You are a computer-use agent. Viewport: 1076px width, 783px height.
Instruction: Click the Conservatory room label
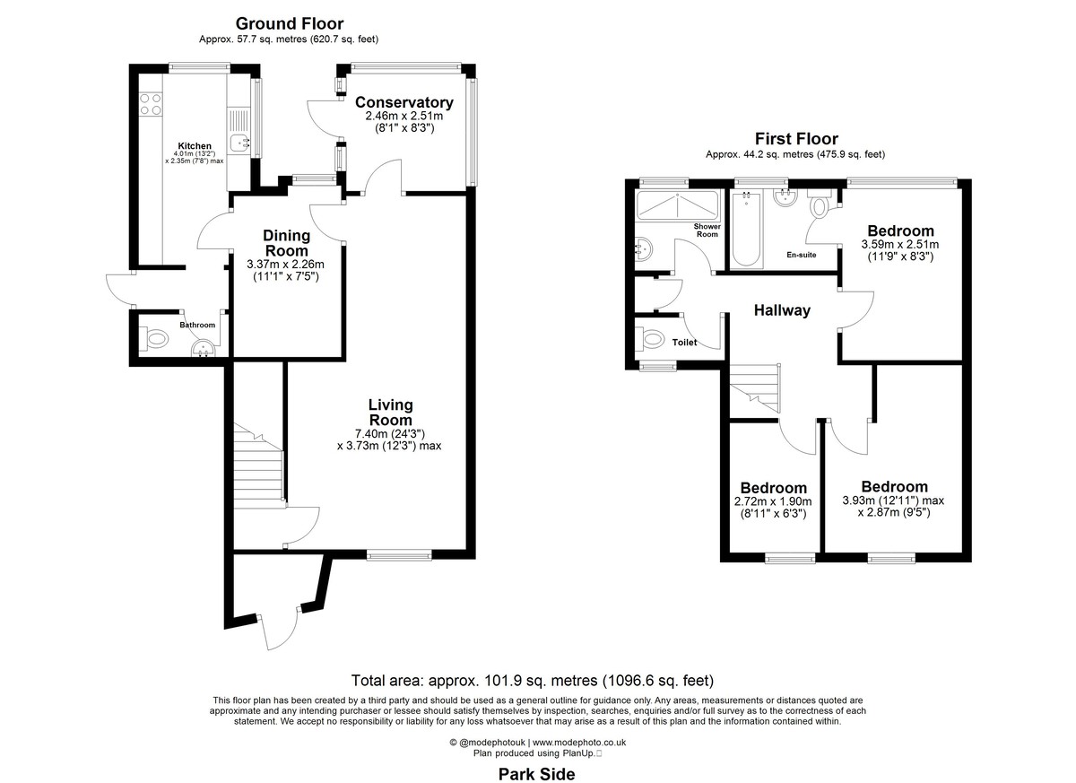(404, 102)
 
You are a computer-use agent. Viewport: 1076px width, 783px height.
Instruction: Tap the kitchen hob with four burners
(151, 105)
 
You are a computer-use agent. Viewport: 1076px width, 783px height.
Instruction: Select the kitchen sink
(239, 143)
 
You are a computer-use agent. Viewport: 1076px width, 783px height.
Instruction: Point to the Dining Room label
(286, 243)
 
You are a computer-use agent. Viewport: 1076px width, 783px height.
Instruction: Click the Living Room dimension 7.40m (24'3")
(389, 434)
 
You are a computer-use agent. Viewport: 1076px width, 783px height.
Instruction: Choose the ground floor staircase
(258, 465)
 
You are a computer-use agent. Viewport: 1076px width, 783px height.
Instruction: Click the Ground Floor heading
(289, 23)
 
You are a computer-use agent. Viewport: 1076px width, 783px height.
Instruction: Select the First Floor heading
(796, 139)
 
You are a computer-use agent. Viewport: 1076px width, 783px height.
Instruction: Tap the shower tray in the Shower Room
(677, 205)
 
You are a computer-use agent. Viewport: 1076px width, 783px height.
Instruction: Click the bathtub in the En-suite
(746, 229)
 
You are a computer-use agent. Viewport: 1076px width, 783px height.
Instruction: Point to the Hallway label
(782, 310)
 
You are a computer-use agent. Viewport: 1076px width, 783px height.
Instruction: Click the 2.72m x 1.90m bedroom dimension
(773, 501)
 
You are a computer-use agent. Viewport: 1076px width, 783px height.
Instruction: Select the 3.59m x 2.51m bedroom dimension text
(900, 244)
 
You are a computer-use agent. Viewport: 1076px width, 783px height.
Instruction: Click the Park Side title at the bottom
(536, 774)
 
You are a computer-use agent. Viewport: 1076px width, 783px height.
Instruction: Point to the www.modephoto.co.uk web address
(579, 742)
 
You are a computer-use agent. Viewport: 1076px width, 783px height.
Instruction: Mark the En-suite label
(802, 255)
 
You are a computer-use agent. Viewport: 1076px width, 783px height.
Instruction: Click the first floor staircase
(754, 387)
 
